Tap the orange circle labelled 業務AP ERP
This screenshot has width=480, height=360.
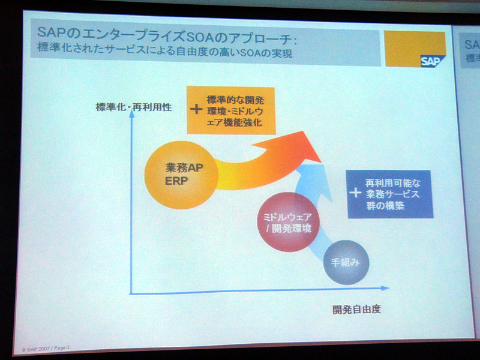tap(181, 175)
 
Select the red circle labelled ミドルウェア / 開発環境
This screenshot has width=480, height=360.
tap(288, 222)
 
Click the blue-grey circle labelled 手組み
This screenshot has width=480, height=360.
tap(346, 262)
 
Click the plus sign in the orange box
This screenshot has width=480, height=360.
tap(196, 109)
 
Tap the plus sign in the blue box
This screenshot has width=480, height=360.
tap(355, 193)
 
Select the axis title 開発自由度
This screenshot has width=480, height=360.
tap(356, 310)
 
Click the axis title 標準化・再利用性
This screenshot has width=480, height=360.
tap(134, 107)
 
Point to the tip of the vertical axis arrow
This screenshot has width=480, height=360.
tap(131, 110)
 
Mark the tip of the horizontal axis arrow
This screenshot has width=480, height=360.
tap(389, 288)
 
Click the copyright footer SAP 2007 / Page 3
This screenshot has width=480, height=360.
tap(46, 349)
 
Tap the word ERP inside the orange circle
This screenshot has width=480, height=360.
tap(176, 181)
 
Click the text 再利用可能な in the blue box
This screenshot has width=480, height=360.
tap(393, 184)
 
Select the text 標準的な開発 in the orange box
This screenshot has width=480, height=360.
tap(235, 100)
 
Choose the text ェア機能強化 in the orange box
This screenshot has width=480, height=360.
tap(234, 122)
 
